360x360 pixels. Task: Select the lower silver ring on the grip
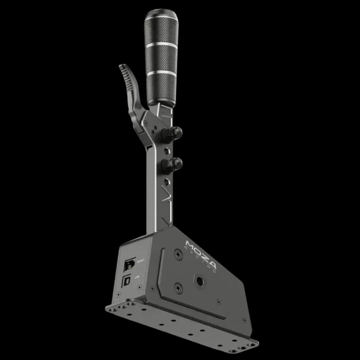(161, 72)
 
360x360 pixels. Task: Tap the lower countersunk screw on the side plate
(178, 287)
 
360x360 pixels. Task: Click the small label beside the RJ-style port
(140, 260)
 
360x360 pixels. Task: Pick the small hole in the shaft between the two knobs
(167, 148)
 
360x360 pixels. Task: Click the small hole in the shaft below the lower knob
(167, 182)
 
